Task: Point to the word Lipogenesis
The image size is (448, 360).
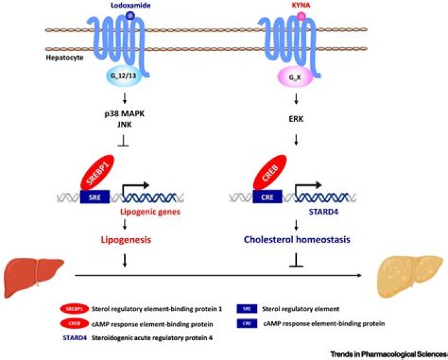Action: tap(123, 239)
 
